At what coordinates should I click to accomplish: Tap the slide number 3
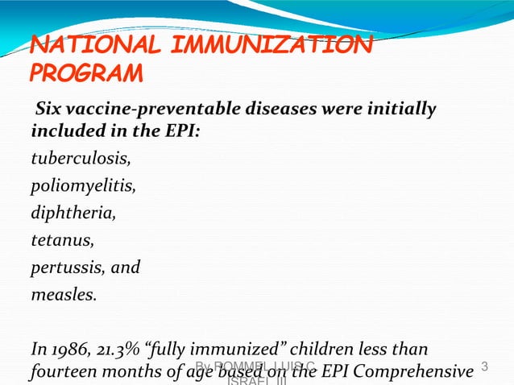point(485,367)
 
